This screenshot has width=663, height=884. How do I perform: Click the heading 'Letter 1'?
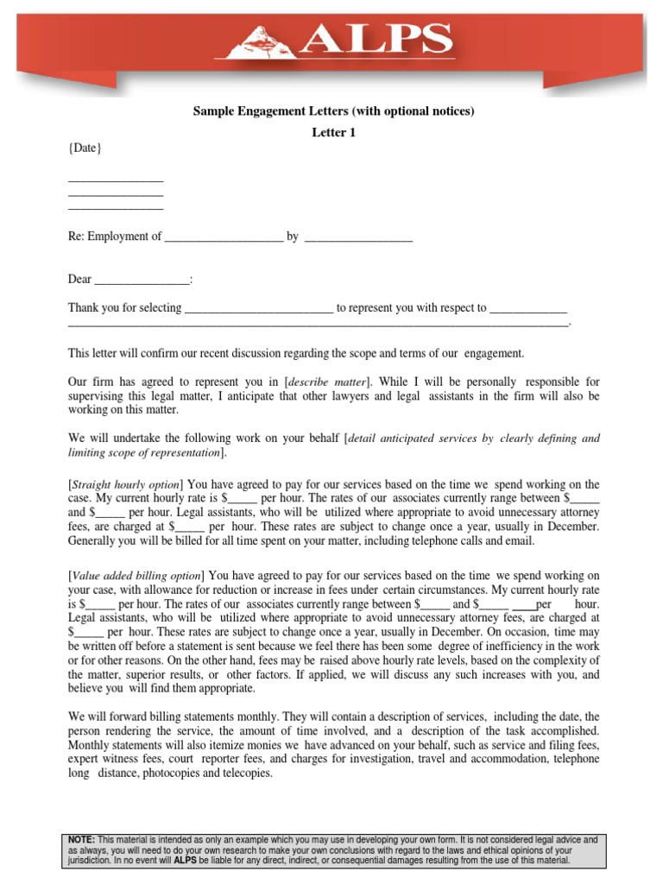332,132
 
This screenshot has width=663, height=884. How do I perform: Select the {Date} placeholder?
85,148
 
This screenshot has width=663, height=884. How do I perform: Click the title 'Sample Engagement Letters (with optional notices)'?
332,111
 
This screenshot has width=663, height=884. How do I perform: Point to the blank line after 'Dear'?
141,280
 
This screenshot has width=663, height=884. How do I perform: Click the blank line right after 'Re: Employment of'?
224,237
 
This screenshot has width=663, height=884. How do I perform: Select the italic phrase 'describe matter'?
327,382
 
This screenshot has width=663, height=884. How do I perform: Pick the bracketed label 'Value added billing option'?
136,575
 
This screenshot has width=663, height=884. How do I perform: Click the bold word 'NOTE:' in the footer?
82,839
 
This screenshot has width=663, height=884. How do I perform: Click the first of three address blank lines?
116,179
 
